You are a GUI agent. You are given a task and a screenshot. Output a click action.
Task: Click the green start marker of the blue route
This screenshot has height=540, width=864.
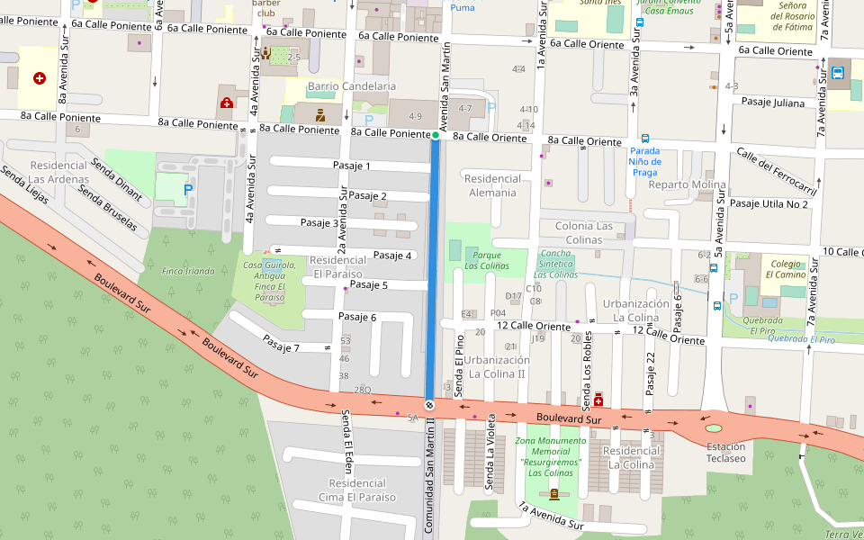tap(436, 135)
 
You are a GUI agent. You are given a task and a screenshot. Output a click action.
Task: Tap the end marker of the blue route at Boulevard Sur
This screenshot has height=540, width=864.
tap(429, 405)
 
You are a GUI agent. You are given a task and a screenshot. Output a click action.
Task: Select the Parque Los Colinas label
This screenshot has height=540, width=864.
tap(486, 260)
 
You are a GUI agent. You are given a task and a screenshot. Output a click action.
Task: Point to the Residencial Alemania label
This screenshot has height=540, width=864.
tap(492, 185)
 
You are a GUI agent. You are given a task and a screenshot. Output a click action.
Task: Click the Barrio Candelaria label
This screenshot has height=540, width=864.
tap(352, 86)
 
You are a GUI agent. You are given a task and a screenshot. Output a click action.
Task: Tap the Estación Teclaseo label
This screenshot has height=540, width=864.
tap(725, 452)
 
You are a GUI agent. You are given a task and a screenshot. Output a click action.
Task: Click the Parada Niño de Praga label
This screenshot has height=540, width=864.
tap(644, 161)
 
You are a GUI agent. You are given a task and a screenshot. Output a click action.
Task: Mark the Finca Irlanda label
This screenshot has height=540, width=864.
tap(188, 271)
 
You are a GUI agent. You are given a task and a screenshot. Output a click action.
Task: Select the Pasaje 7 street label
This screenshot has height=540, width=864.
tap(281, 343)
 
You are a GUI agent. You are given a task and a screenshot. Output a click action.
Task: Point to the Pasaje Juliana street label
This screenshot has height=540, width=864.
tap(773, 103)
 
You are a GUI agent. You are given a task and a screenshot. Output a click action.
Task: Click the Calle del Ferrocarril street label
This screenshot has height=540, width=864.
tap(776, 171)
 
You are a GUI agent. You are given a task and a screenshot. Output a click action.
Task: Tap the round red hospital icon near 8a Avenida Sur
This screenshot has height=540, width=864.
tap(40, 78)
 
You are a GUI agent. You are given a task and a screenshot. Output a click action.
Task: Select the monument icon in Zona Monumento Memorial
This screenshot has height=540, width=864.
tap(553, 494)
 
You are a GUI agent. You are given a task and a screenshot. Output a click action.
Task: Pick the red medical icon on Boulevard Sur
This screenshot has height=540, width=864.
tap(598, 399)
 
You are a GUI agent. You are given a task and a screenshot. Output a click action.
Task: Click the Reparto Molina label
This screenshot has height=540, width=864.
tap(687, 185)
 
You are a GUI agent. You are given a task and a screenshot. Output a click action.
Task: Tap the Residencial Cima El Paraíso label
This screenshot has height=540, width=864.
tap(357, 490)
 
